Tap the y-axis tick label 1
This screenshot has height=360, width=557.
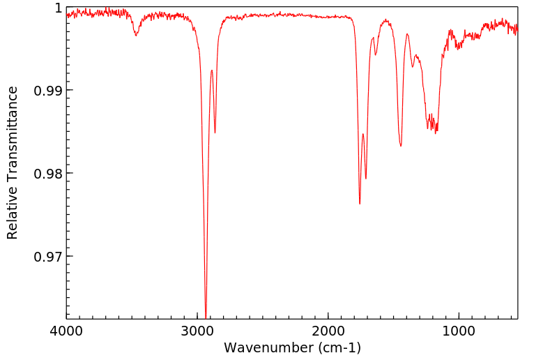coord(58,8)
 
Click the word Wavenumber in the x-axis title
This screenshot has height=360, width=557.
coord(264,347)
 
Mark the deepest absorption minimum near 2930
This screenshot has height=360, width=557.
coord(206,315)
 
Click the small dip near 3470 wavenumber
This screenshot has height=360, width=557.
coord(136,35)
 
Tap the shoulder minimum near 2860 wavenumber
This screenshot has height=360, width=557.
coord(215,133)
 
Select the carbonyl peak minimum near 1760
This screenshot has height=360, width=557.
coord(360,204)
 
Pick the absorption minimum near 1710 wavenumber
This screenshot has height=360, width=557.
coord(366,179)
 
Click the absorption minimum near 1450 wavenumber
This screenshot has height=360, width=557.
coord(401,146)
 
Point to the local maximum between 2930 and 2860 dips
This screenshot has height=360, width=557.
coord(211,70)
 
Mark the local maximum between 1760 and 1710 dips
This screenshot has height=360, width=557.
coord(363,134)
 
